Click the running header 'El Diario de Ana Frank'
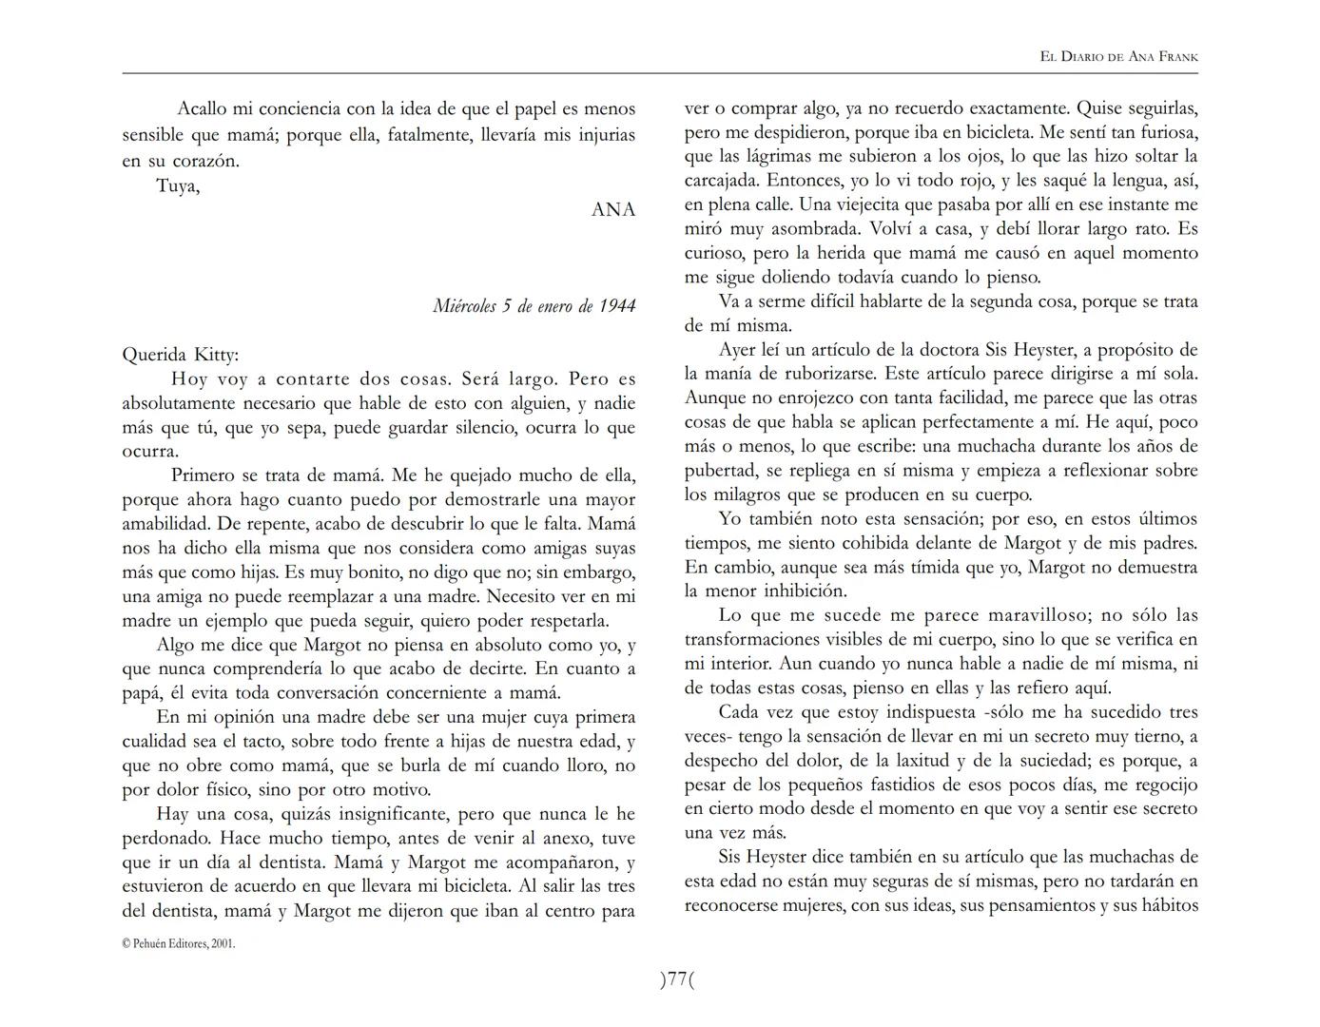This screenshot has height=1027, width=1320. (x=1118, y=57)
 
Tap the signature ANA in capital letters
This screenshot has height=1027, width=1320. (x=612, y=210)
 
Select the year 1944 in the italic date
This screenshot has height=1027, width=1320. (x=617, y=306)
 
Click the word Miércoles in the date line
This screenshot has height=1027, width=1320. (x=464, y=306)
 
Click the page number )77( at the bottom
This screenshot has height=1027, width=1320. (x=677, y=979)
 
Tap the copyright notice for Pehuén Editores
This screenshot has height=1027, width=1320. (x=179, y=943)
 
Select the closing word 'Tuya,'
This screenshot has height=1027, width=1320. (x=178, y=185)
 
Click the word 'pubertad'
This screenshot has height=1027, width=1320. (x=721, y=471)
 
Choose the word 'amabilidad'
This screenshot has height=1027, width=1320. (x=165, y=524)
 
